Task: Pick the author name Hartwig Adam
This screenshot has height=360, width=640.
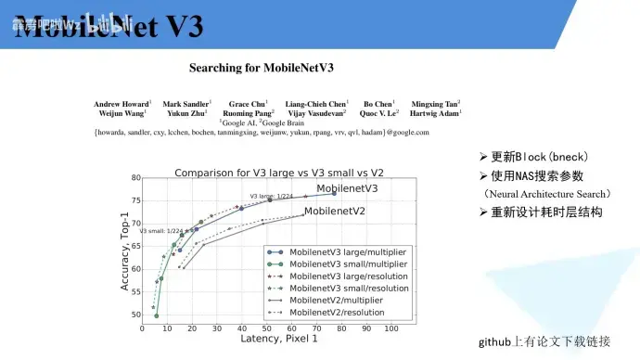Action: [x=435, y=113]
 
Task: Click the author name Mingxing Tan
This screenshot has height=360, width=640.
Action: [x=434, y=104]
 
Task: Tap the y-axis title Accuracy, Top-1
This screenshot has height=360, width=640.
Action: [x=124, y=249]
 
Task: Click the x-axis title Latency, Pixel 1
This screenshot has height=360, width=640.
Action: [x=278, y=340]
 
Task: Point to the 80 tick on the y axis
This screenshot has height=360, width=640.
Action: [x=135, y=178]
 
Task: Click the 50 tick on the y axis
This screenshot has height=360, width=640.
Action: [x=135, y=315]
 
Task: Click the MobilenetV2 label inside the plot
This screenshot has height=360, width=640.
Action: [x=335, y=212]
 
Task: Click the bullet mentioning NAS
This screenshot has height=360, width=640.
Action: [x=537, y=175]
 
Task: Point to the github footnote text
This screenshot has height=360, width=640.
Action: [x=544, y=341]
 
